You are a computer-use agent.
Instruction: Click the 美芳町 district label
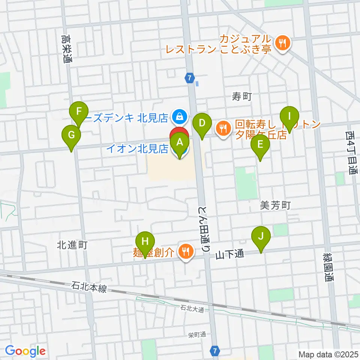point(275,205)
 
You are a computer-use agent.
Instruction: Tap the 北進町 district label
point(72,245)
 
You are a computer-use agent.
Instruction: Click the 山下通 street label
point(230,254)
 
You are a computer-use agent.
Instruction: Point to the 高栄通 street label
point(67,49)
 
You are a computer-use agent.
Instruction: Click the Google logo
point(25,351)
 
